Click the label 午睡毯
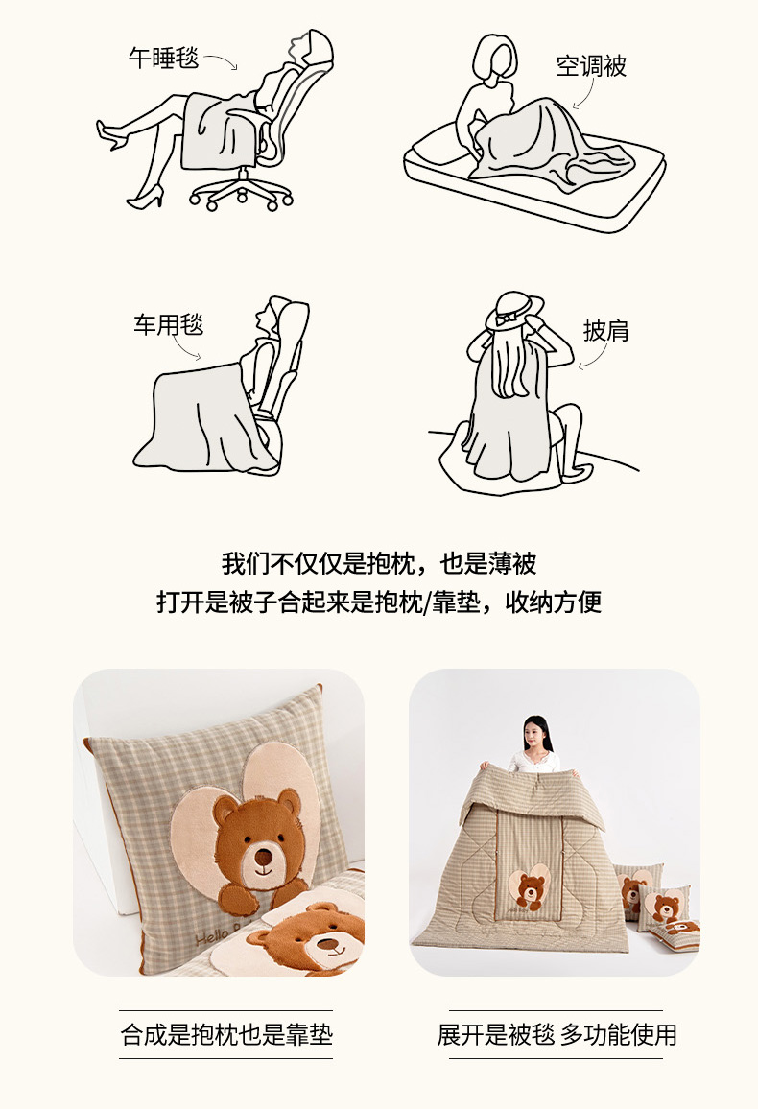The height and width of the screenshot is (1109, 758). click(164, 58)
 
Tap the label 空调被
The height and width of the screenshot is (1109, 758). click(591, 66)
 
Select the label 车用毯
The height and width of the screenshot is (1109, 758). click(168, 324)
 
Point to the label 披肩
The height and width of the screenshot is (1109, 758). click(606, 330)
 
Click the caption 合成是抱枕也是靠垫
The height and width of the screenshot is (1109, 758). click(226, 1035)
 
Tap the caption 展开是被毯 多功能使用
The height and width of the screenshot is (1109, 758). click(557, 1035)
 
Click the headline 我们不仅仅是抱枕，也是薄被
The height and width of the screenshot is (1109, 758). click(379, 564)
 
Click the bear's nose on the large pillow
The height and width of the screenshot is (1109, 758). click(263, 858)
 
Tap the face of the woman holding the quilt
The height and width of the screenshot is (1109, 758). click(536, 734)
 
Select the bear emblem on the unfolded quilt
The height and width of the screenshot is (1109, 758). click(530, 887)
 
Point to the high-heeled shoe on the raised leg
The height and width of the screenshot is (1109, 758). click(111, 134)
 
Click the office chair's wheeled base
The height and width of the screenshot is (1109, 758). click(241, 191)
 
